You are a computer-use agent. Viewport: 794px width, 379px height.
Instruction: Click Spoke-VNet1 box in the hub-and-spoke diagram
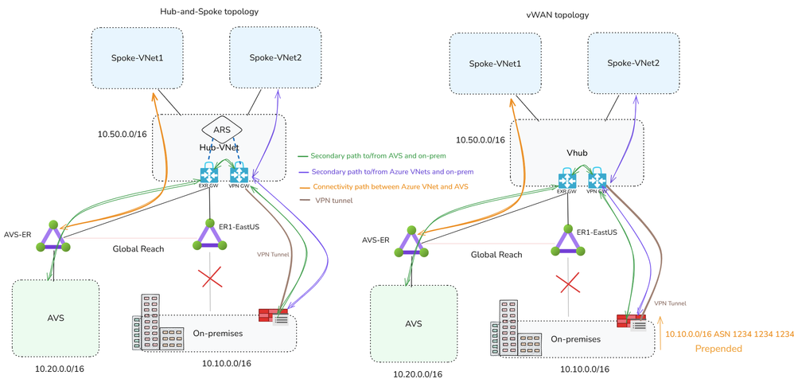(137, 58)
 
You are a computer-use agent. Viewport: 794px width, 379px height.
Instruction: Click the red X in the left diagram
(209, 277)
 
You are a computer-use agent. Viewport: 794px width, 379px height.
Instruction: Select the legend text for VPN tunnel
(333, 201)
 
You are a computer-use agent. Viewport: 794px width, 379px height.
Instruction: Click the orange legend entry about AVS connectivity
(383, 186)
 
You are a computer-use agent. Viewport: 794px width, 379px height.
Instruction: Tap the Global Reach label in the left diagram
(138, 249)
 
